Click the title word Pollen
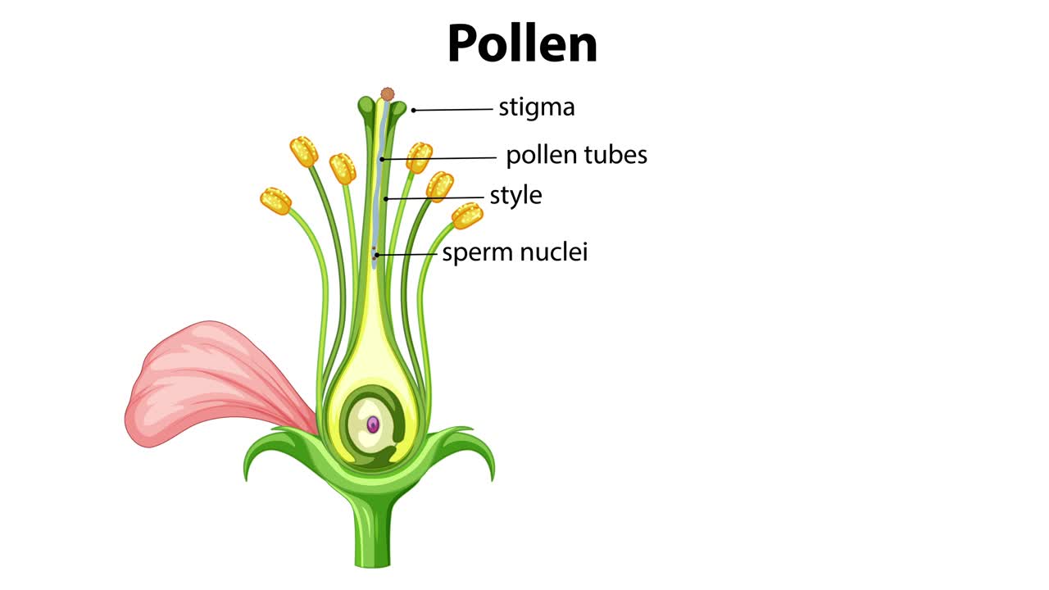(x=522, y=44)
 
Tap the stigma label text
(x=536, y=107)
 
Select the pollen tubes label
(x=576, y=155)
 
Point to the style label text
(x=515, y=196)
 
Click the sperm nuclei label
(x=515, y=252)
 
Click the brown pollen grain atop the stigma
(x=387, y=95)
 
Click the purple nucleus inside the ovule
(x=373, y=424)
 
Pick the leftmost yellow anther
(x=276, y=201)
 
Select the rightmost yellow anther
(x=467, y=216)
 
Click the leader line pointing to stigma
(x=455, y=109)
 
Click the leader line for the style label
(x=434, y=197)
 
